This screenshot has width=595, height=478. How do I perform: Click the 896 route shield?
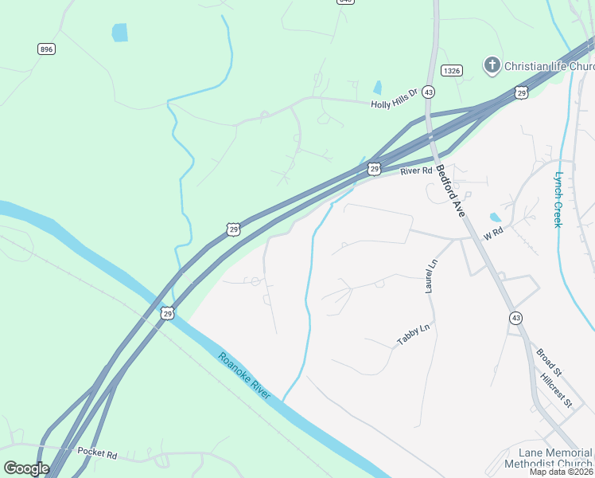point(46,49)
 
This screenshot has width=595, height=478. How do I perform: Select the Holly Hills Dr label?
point(394,104)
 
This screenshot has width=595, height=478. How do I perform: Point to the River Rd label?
point(416,170)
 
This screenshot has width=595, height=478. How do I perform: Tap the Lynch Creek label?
point(558,199)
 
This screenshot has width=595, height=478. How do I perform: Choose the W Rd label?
point(494,233)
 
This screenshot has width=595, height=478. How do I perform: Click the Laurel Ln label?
point(430,276)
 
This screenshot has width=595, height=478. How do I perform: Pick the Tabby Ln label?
point(414,335)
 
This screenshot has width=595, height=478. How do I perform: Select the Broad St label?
point(549,362)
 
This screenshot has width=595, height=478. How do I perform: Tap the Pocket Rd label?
point(97,453)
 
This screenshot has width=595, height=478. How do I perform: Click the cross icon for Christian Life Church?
point(492,65)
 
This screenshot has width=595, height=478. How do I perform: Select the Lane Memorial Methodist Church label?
point(550,456)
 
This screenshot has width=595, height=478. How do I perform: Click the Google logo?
point(25,468)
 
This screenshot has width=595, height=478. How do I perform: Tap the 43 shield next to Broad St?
point(515,318)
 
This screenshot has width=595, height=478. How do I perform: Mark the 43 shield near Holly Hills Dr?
point(428,92)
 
